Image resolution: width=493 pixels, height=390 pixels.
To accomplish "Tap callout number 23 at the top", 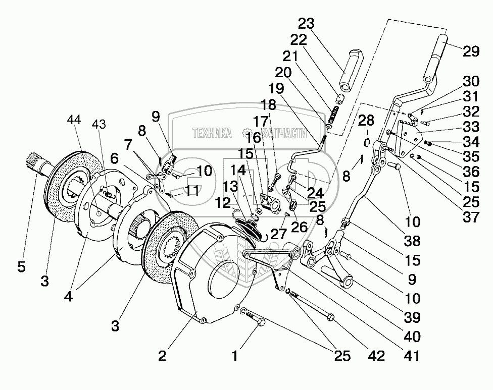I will point(307,24).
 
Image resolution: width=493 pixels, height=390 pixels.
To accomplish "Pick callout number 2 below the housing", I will point(162,356).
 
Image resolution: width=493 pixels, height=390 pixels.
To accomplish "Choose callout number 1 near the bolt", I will point(234,356).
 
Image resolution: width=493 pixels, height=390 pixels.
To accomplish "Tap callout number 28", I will point(367,121).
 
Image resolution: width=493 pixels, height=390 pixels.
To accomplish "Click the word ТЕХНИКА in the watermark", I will point(212,133).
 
